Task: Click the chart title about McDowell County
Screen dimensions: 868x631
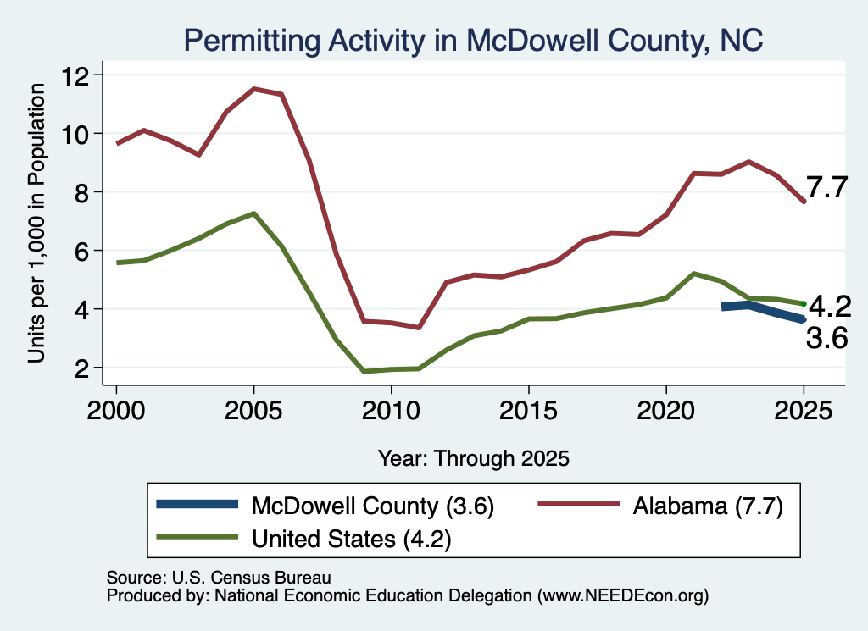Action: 473,41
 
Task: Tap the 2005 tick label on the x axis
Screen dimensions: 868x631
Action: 253,411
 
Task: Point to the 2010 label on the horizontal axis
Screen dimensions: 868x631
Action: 391,411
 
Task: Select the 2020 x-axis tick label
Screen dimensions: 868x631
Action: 666,411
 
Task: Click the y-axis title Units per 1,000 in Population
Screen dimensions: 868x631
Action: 36,223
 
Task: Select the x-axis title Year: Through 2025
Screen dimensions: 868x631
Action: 474,458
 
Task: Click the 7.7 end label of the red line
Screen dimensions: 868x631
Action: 826,187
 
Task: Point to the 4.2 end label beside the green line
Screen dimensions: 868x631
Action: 830,307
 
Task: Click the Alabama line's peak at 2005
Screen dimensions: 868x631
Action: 253,88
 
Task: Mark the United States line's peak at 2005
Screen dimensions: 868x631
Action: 253,213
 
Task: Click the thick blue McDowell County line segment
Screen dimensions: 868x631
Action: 763,310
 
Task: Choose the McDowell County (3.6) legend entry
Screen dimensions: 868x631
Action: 325,506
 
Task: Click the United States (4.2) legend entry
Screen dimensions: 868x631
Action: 304,538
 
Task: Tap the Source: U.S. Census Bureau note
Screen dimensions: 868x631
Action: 219,578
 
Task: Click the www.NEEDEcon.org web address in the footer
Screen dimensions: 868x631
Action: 623,595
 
